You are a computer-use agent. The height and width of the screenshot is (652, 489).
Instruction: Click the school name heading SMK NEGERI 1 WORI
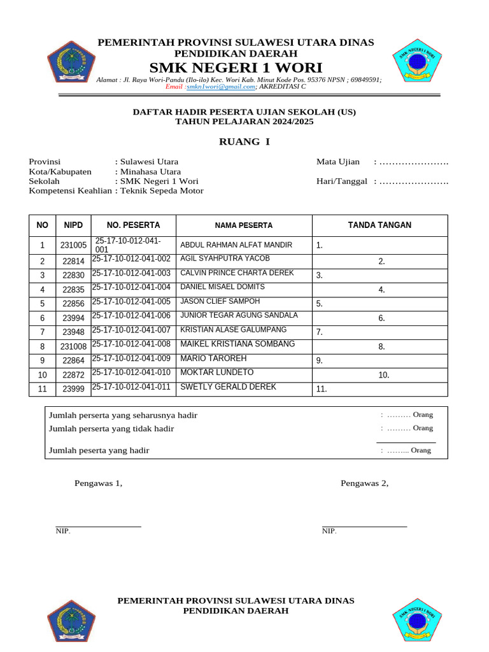point(236,68)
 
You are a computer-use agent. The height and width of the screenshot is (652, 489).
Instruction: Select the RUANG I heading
point(244,141)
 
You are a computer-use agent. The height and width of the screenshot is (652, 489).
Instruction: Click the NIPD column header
point(73,225)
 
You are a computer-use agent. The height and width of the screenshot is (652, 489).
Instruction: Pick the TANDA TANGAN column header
point(379,225)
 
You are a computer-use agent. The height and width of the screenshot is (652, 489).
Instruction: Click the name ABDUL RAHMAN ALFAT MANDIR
point(236,245)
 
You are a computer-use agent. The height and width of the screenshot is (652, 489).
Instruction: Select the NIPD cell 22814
point(73,262)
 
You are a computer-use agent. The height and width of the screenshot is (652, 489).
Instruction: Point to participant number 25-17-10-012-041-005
point(131,302)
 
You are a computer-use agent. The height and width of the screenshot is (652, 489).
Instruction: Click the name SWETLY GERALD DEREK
point(228,387)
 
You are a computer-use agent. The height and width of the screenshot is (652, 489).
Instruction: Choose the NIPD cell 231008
point(73,347)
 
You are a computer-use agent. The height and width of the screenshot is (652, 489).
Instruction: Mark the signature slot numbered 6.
point(381,318)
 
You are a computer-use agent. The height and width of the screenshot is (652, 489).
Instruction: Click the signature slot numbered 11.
point(322,390)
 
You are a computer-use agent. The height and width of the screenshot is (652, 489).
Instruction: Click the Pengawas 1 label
point(98,483)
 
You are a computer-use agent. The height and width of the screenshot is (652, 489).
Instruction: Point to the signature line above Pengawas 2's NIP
point(364,527)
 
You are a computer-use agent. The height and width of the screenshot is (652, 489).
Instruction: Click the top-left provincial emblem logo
point(71,61)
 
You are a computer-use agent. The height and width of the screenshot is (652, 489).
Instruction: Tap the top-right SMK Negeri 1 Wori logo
point(417,61)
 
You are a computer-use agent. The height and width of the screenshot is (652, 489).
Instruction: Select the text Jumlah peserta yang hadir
point(99,451)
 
